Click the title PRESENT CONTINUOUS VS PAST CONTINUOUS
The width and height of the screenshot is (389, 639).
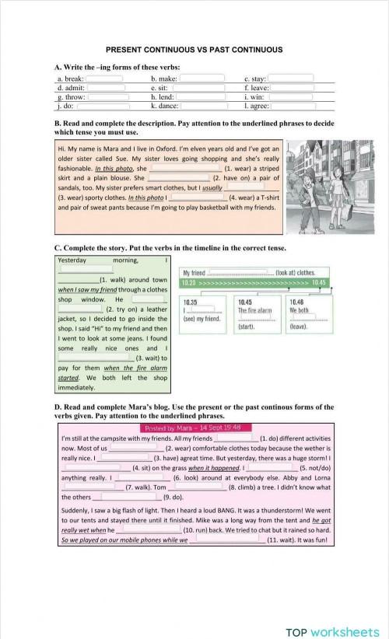194,50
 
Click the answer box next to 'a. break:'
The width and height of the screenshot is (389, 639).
104,79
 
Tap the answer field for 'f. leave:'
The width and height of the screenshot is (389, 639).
293,87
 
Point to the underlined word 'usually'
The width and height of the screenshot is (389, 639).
212,187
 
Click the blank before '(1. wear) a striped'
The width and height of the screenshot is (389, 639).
185,167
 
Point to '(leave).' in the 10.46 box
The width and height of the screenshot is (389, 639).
297,327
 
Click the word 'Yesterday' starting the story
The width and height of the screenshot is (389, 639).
72,260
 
